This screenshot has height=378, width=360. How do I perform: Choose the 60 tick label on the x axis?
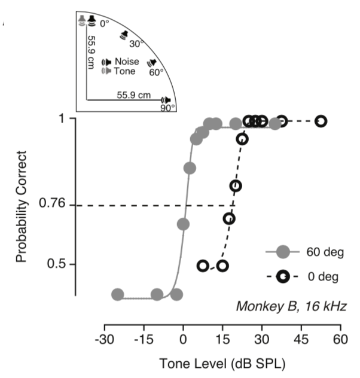tap(341, 339)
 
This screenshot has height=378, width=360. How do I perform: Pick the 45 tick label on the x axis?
tap(301, 339)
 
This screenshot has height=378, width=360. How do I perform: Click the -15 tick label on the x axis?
tap(144, 339)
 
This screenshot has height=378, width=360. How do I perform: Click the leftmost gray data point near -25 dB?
tap(118, 294)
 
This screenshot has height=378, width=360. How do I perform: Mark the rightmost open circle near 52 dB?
tap(321, 121)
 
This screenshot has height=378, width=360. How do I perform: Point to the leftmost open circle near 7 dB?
tap(203, 266)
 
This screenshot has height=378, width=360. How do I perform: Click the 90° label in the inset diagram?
tap(168, 108)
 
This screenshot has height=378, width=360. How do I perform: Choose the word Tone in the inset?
tap(124, 71)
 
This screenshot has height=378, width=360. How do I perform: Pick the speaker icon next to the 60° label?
tap(151, 63)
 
